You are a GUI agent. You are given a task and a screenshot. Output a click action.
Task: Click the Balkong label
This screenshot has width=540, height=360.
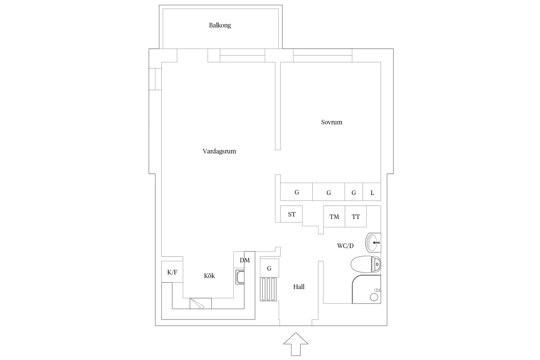pyautogui.click(x=220, y=25)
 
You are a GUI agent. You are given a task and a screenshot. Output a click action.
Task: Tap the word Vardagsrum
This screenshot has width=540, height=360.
pyautogui.click(x=219, y=152)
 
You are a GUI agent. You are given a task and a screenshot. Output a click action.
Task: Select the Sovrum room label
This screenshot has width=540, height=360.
pyautogui.click(x=332, y=122)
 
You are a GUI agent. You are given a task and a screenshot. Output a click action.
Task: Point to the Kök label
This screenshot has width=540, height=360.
pyautogui.click(x=209, y=276)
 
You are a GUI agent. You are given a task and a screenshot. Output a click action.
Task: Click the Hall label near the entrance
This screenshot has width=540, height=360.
pyautogui.click(x=299, y=287)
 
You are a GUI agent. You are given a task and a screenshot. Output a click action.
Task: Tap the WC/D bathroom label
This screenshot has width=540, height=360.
pyautogui.click(x=345, y=246)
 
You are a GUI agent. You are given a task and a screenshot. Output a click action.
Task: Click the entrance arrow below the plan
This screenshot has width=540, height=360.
pyautogui.click(x=296, y=344)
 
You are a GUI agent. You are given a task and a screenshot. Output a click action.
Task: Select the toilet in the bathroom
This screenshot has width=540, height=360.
pyautogui.click(x=366, y=264)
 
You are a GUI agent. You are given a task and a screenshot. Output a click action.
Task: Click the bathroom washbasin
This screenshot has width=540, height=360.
pyautogui.click(x=373, y=242)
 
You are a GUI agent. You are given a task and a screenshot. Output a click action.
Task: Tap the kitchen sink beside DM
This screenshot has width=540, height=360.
pyautogui.click(x=240, y=277)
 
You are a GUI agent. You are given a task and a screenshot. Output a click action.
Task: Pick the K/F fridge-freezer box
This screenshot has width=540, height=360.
pyautogui.click(x=172, y=272)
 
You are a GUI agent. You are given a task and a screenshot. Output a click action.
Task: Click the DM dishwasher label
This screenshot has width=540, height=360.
pyautogui.click(x=244, y=260)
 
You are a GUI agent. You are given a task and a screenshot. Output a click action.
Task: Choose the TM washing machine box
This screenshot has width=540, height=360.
pyautogui.click(x=334, y=216)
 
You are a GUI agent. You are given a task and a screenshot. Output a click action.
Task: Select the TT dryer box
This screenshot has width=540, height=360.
pyautogui.click(x=355, y=216)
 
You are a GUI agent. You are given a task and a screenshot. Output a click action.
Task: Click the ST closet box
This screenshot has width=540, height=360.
pyautogui.click(x=291, y=214)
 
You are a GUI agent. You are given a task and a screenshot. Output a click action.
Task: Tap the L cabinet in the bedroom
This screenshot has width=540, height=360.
pyautogui.click(x=372, y=192)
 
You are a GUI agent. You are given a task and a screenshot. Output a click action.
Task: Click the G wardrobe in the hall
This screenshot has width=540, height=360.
pyautogui.click(x=269, y=268)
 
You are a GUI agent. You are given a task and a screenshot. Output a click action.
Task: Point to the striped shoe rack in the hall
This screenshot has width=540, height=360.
pyautogui.click(x=268, y=289)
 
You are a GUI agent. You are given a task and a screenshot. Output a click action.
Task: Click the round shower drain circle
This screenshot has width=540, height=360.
pyautogui.click(x=374, y=297)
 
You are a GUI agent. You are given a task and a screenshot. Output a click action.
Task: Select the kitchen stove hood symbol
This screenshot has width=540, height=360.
pyautogui.click(x=201, y=303)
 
